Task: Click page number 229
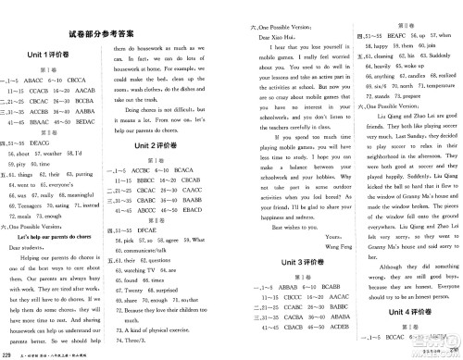8,353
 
